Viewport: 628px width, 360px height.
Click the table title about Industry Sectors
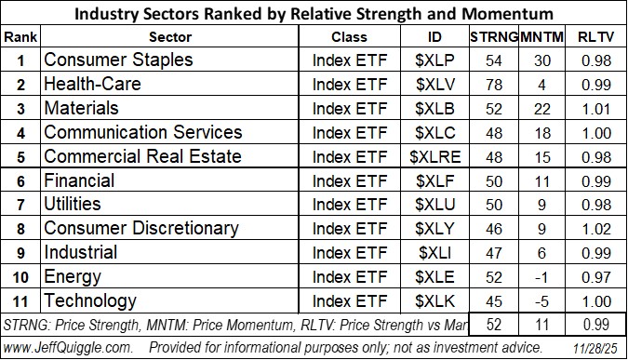(x=314, y=13)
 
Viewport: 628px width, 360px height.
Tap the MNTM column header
(x=541, y=36)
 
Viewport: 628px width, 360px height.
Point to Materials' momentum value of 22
(x=541, y=108)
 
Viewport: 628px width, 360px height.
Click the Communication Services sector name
(x=142, y=132)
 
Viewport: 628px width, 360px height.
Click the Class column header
(x=349, y=36)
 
